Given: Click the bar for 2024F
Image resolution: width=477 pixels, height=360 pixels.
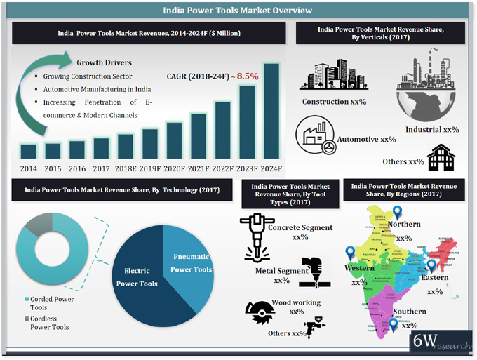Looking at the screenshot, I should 271,112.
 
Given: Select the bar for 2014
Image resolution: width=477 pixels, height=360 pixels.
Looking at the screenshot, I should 29,151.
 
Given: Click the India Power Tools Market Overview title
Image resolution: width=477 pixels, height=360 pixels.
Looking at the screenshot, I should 238,11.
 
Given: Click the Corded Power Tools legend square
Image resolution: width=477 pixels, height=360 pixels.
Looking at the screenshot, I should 25,298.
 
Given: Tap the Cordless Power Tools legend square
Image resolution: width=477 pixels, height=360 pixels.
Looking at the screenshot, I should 25,318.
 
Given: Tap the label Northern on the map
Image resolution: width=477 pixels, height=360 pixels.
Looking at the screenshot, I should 403,224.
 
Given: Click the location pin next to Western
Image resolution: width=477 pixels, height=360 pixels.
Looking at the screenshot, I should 350,253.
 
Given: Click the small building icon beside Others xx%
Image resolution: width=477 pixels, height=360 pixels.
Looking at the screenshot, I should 441,157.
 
